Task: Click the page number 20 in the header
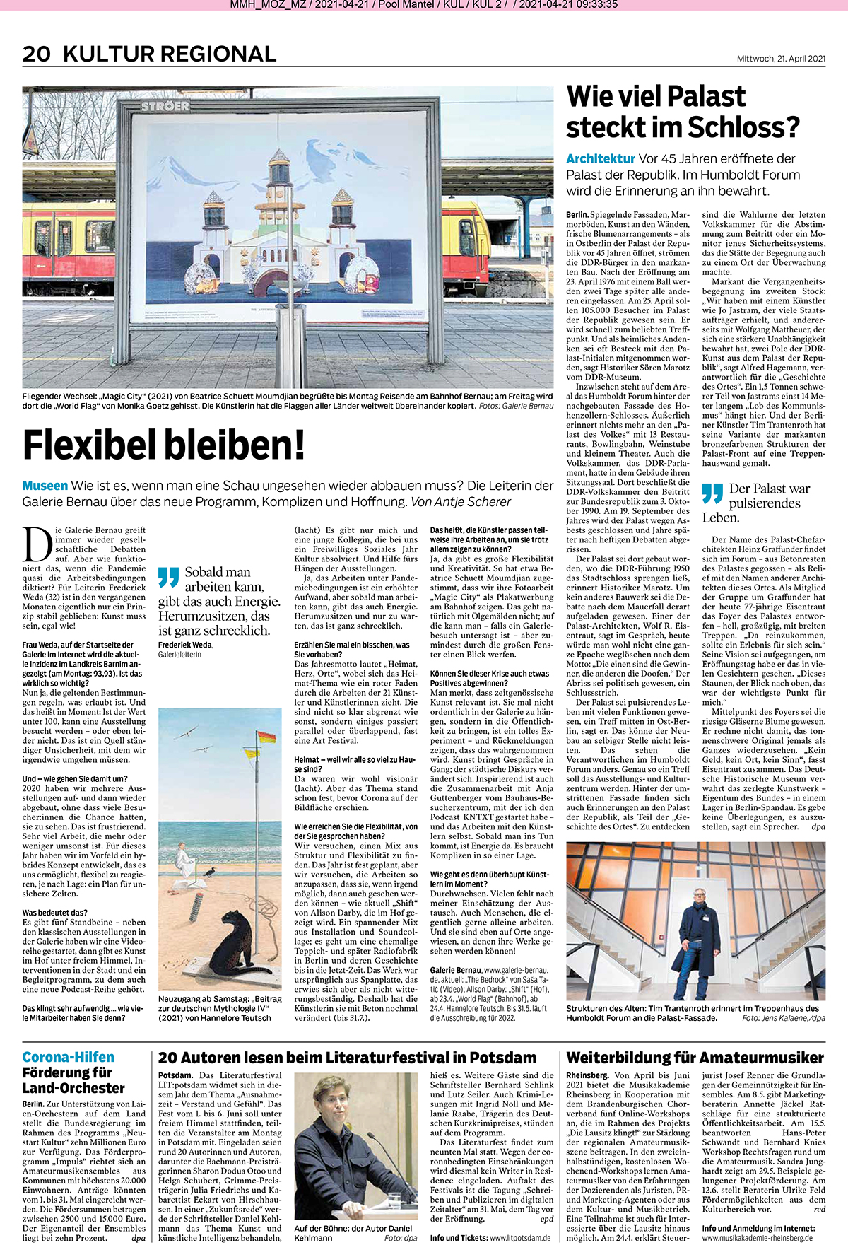click(x=36, y=54)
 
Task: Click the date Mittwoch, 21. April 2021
click(x=781, y=59)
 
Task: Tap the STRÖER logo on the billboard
click(x=165, y=107)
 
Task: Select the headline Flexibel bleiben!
click(x=164, y=446)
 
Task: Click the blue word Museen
click(x=45, y=486)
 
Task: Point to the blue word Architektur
click(x=601, y=159)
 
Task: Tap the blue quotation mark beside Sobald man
click(x=168, y=577)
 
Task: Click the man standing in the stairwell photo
click(x=700, y=933)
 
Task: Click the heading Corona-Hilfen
click(x=68, y=1057)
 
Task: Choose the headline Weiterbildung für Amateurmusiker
click(x=695, y=1058)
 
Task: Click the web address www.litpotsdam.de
click(x=520, y=1238)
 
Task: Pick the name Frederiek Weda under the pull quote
click(x=185, y=645)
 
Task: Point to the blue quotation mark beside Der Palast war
click(x=712, y=493)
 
